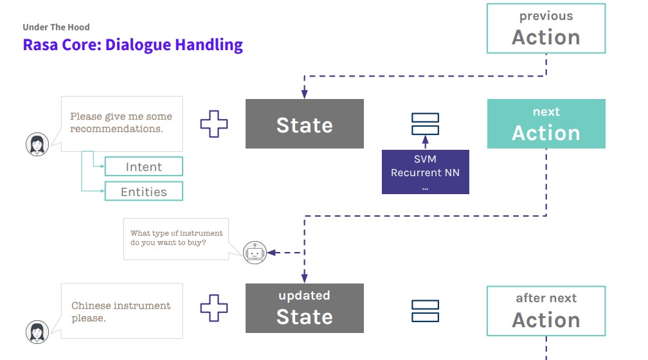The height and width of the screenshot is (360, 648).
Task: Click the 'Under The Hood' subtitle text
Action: [56, 27]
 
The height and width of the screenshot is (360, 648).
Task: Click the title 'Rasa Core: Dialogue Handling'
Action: [132, 45]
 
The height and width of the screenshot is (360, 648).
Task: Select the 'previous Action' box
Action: [546, 28]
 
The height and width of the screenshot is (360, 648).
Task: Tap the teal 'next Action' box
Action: [546, 123]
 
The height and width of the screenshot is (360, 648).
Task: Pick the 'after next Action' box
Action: [546, 310]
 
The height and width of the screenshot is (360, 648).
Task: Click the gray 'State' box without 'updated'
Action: [305, 124]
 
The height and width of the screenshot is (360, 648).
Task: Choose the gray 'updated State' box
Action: [305, 308]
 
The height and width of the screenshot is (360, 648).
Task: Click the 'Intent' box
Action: [144, 167]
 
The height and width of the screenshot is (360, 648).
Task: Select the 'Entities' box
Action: [144, 192]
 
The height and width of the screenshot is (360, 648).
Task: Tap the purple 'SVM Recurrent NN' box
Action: [425, 172]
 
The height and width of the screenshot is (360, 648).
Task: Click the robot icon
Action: [255, 253]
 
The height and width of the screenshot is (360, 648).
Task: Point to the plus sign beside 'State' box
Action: [214, 124]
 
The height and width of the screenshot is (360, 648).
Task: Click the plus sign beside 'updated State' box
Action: [214, 308]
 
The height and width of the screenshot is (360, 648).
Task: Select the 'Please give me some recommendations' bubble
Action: [122, 123]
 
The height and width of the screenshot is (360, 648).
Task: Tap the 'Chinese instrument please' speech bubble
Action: [122, 311]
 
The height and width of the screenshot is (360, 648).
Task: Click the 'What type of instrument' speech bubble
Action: [176, 239]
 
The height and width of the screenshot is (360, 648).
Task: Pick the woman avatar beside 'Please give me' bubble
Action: [37, 145]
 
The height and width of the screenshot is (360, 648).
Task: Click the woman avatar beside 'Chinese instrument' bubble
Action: [37, 332]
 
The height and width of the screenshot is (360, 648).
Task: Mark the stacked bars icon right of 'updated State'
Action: [425, 311]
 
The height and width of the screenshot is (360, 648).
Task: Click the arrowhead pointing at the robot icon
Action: [271, 253]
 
